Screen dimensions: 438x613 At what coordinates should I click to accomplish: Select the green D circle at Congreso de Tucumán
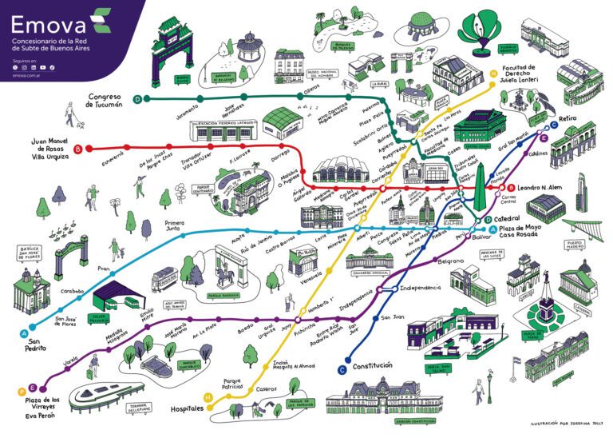(x=138, y=99)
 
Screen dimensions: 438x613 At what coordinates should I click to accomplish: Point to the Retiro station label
(x=568, y=118)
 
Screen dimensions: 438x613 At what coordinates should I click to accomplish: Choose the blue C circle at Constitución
(x=342, y=368)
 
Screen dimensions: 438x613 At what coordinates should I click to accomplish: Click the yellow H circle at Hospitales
(x=208, y=397)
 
